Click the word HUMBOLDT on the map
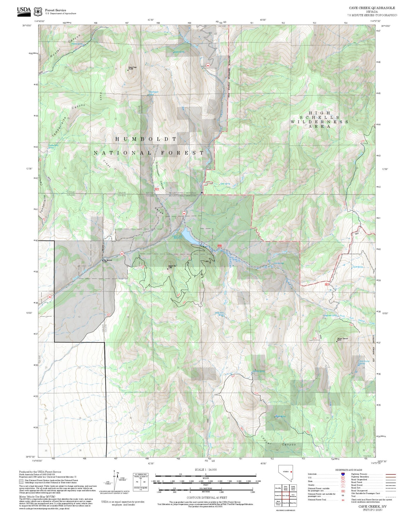click(145, 139)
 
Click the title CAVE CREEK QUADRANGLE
click(372, 8)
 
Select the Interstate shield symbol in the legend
click(343, 474)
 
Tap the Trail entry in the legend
click(353, 496)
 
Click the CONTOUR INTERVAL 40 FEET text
click(207, 498)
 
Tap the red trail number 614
click(314, 338)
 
